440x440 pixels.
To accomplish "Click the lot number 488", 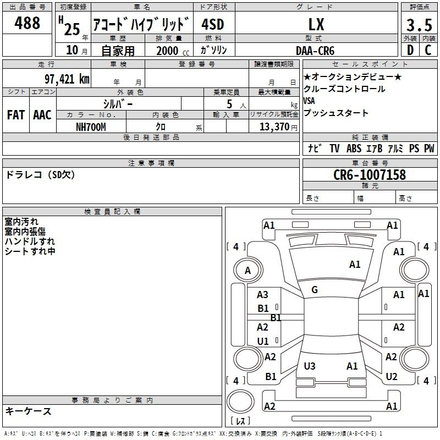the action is pos(27,23).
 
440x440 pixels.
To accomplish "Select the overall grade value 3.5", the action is pos(419,25).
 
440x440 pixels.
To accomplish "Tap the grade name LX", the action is pos(316,24).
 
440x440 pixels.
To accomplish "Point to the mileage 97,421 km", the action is pos(67,79).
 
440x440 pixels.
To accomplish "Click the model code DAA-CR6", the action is pos(315,51).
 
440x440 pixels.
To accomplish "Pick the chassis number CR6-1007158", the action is pos(370,174).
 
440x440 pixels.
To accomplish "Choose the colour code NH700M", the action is pos(91,127).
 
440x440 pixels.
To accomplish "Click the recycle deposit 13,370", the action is pos(274,127).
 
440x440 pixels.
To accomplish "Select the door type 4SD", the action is pos(213,24).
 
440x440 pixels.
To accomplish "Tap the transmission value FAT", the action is pos(16,115).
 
